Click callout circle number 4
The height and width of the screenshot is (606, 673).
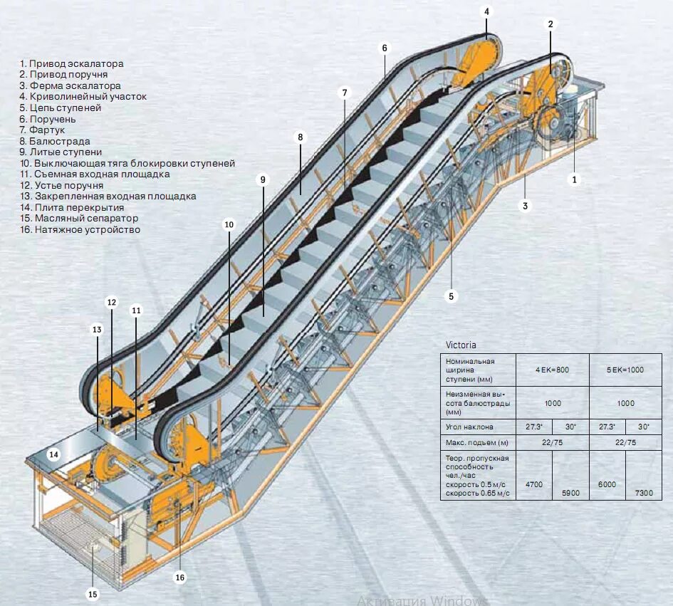coord(487,12)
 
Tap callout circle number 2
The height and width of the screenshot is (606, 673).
coord(551,23)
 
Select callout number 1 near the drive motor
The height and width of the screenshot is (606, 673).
coord(574,179)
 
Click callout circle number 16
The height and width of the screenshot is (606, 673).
coord(180,578)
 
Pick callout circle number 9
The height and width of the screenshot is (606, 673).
coord(263,179)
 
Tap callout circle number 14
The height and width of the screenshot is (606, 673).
coord(53,454)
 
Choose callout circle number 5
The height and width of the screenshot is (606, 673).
coord(451,296)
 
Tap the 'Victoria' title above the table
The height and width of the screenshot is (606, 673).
coord(461,345)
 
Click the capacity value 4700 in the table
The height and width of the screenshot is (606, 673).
coord(533,484)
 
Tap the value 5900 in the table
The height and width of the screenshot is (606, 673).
coord(570,493)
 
